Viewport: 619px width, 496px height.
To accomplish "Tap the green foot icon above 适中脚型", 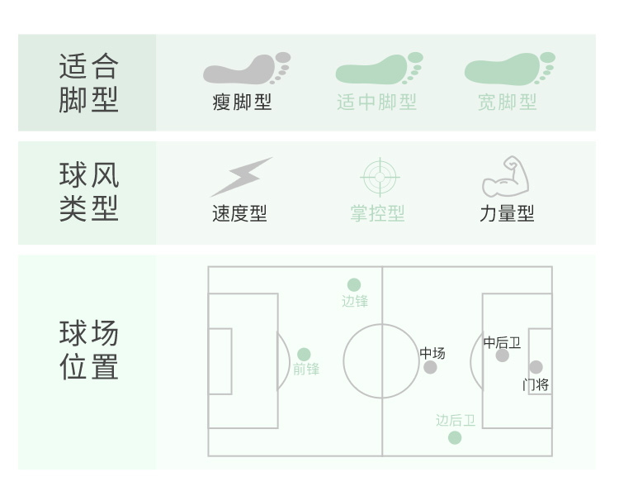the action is tap(377, 69).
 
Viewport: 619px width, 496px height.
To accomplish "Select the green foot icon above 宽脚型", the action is tap(508, 69).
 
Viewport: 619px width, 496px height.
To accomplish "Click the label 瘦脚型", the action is tap(242, 103).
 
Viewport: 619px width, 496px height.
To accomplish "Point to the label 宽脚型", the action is tap(508, 103).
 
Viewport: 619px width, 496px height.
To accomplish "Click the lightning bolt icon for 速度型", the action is tap(240, 177).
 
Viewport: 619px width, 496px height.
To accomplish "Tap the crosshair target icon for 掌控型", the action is tap(380, 177).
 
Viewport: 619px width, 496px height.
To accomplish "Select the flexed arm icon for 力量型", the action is tap(505, 176).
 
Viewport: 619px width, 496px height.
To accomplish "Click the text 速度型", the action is tap(239, 213).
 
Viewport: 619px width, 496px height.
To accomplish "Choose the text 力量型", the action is tap(507, 213).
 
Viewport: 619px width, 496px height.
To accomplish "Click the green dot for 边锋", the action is tap(354, 285).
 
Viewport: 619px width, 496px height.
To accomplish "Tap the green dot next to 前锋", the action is tap(304, 355).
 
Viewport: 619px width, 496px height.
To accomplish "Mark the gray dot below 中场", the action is tap(430, 367).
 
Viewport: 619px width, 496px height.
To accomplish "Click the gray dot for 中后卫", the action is tap(503, 355).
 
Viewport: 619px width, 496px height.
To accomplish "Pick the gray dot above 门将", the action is tap(536, 367).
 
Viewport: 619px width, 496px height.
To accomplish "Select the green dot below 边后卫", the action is tap(455, 437).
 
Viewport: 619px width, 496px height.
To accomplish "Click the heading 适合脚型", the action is tap(88, 83).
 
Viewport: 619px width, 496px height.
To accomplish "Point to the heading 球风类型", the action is tap(88, 192).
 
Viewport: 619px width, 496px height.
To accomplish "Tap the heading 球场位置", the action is tap(88, 351).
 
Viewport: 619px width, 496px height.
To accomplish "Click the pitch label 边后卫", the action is tap(456, 421).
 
